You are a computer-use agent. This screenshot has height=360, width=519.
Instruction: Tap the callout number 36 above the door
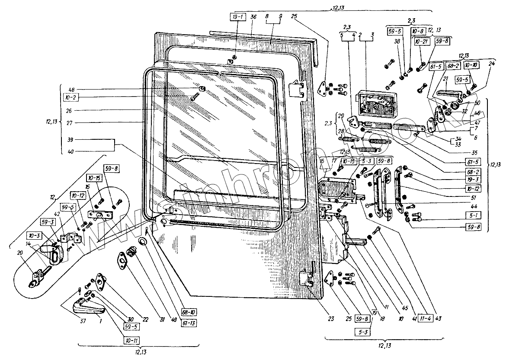253,17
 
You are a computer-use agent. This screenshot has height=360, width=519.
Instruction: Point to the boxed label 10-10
471,64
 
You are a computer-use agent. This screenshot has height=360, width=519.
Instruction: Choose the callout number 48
71,90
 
